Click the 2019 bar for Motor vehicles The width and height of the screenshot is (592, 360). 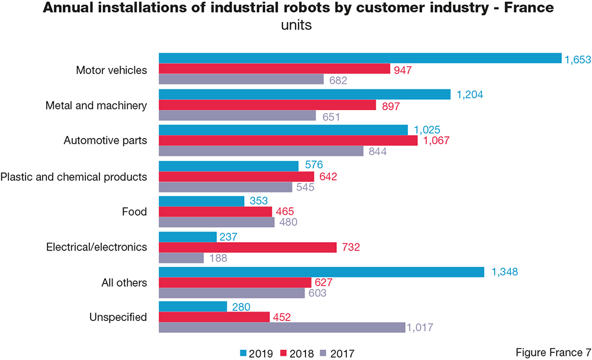point(360,58)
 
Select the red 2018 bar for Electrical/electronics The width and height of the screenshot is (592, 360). point(247,247)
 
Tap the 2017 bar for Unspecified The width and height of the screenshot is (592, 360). point(282,327)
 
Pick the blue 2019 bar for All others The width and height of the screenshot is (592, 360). point(321,272)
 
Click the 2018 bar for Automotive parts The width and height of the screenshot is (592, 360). point(288,141)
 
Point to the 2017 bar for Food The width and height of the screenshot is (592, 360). point(217,222)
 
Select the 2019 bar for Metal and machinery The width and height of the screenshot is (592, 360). point(304,94)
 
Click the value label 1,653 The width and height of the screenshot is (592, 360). point(578,58)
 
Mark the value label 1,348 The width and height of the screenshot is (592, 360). point(505,272)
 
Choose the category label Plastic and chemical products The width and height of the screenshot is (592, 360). point(74,176)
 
